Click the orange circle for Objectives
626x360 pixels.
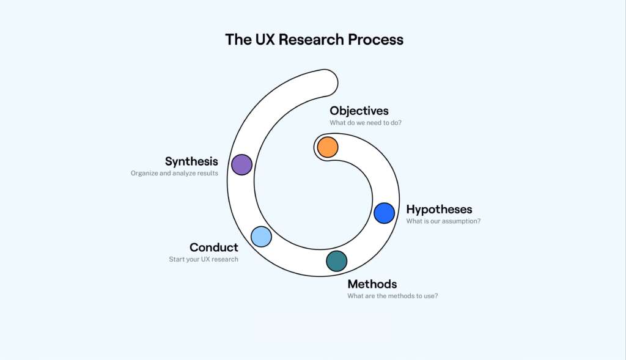tap(328, 147)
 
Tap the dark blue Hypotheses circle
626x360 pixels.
tap(385, 213)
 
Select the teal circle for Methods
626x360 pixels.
tap(336, 261)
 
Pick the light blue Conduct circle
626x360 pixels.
tap(261, 236)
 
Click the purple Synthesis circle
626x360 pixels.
tap(242, 164)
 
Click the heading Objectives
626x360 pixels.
tap(359, 111)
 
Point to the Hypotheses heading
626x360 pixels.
tap(439, 210)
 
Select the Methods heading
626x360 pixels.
tap(372, 284)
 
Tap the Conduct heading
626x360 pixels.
tap(213, 248)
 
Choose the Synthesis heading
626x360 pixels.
tap(191, 161)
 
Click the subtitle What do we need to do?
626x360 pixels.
tap(366, 123)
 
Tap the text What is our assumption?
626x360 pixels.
tap(443, 221)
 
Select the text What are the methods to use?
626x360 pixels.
tap(392, 296)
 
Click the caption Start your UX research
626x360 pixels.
tap(204, 259)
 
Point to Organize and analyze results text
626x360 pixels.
tap(174, 173)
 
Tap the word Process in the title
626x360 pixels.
tap(375, 40)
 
